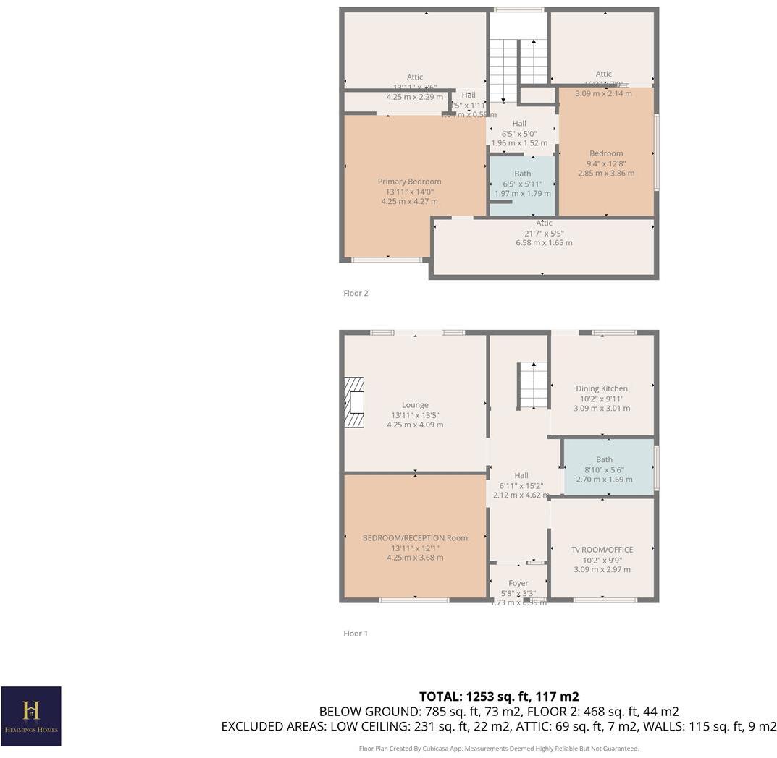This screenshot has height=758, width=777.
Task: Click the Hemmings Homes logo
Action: (31, 715)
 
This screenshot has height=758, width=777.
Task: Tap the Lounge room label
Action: (415, 405)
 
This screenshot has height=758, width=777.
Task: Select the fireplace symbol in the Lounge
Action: (353, 402)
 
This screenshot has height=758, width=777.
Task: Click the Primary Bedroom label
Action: (409, 182)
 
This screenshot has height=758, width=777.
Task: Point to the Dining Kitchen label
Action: (602, 388)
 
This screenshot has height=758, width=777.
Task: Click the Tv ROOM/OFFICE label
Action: (602, 550)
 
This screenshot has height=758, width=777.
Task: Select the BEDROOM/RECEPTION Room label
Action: (415, 538)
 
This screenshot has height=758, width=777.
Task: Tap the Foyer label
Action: (518, 583)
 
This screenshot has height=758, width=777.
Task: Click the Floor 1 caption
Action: (356, 634)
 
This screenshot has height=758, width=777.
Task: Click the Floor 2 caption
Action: (356, 294)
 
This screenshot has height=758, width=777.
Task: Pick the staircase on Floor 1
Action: (533, 386)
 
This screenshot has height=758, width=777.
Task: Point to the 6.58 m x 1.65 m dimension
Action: (544, 243)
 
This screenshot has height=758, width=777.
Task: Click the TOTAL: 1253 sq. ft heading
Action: (499, 697)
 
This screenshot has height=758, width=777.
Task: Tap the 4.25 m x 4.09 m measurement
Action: (415, 425)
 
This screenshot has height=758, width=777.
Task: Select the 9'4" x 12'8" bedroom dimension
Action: (606, 163)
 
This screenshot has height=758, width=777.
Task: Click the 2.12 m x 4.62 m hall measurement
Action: (521, 495)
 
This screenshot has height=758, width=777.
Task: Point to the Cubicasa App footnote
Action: (499, 749)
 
